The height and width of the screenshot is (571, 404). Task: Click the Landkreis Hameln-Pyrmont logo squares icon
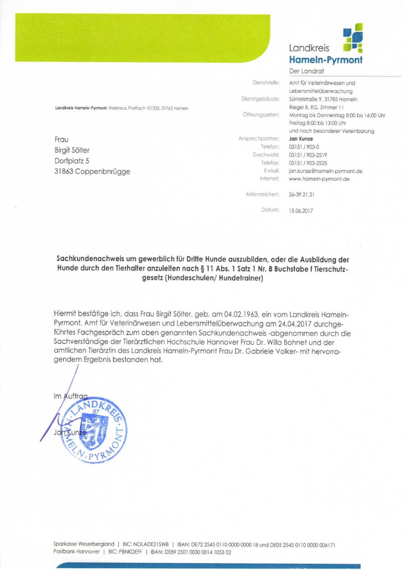pyautogui.click(x=353, y=38)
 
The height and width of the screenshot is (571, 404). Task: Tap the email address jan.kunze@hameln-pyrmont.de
pyautogui.click(x=325, y=171)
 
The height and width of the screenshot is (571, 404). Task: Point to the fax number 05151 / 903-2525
pyautogui.click(x=308, y=163)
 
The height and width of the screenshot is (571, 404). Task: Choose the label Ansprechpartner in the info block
pyautogui.click(x=259, y=139)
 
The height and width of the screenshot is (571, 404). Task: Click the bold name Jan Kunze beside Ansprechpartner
pyautogui.click(x=301, y=139)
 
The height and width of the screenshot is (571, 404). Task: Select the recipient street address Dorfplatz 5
pyautogui.click(x=74, y=160)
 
